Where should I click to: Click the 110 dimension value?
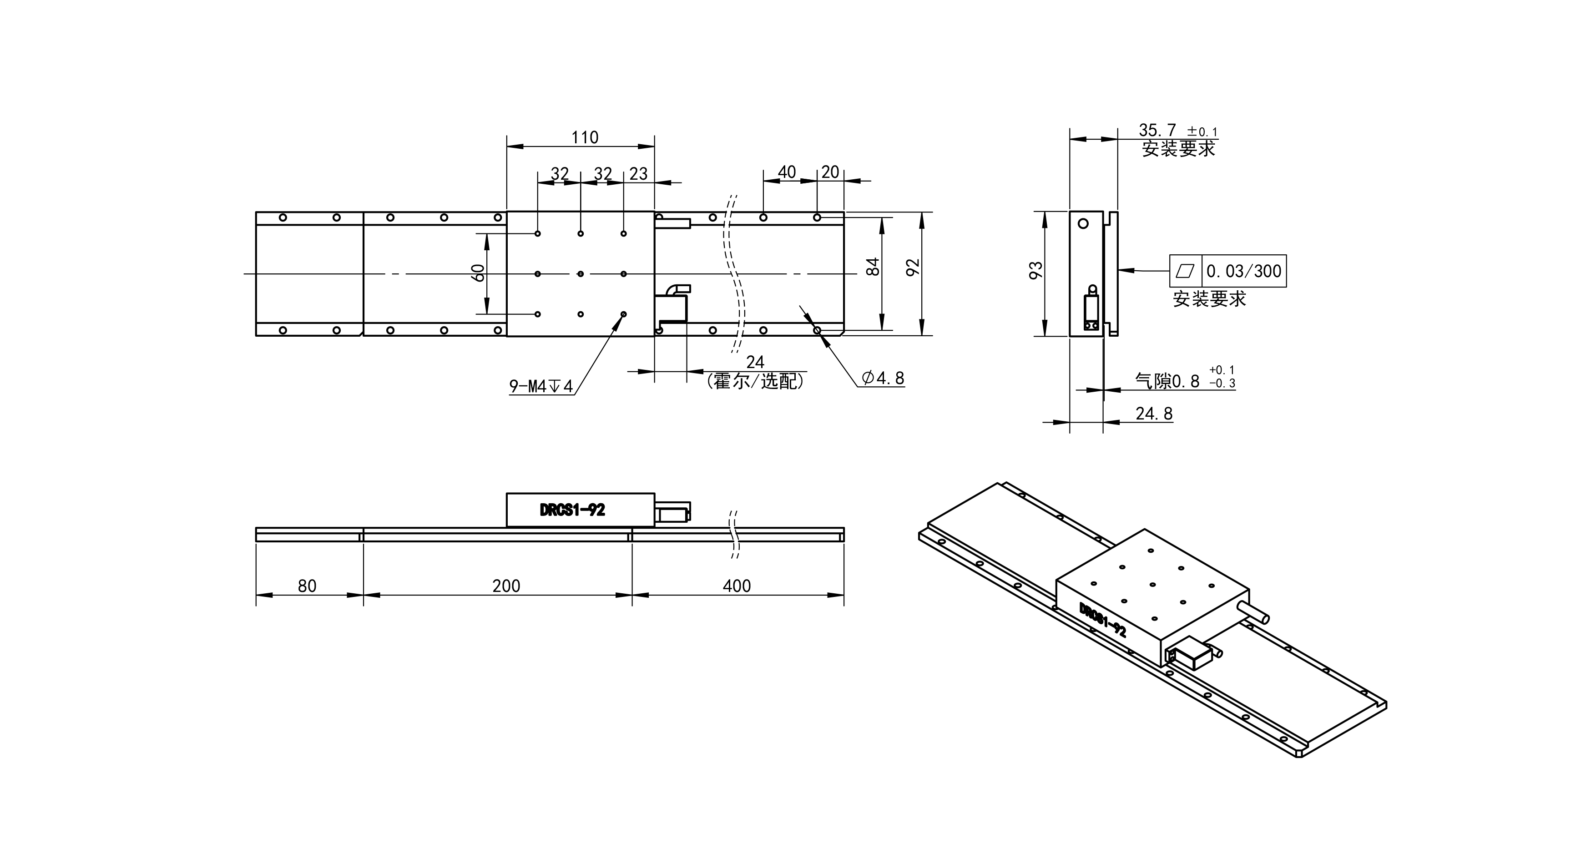[x=585, y=137]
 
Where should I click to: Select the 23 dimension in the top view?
[x=638, y=174]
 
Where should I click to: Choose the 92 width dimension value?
[x=913, y=267]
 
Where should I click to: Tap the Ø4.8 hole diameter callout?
[x=883, y=378]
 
